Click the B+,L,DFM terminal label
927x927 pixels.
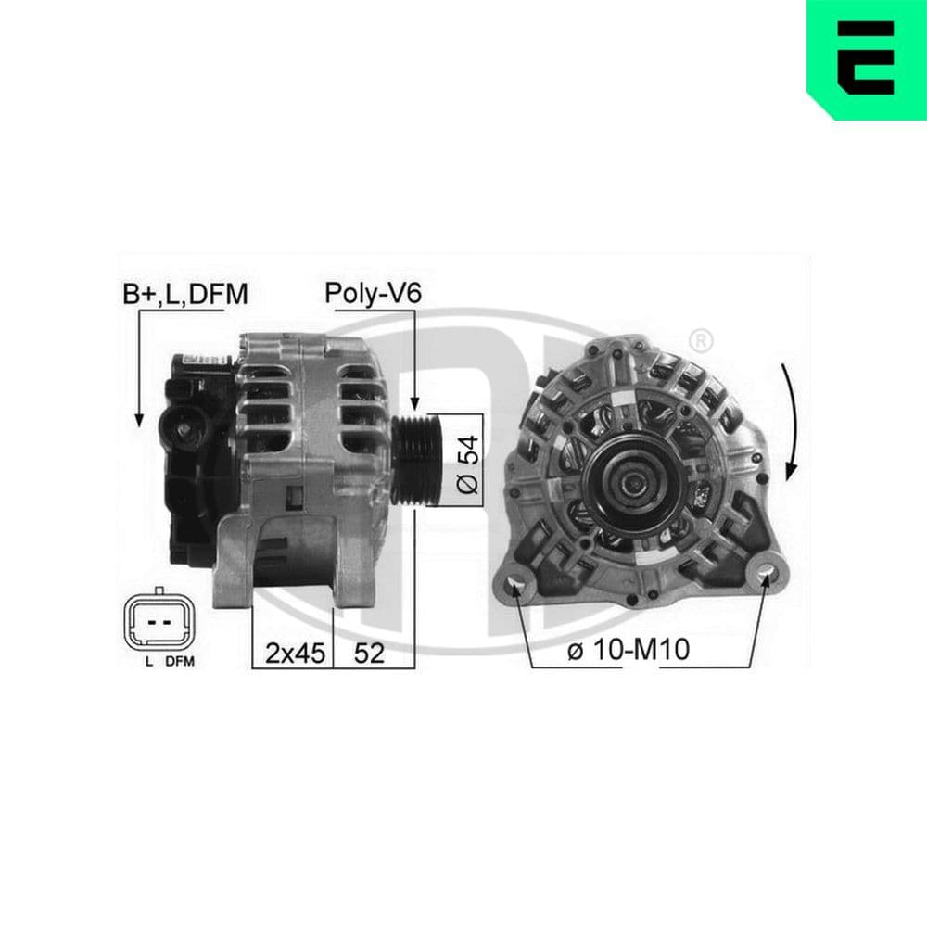[x=185, y=295]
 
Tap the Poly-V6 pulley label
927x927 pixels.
[x=373, y=295]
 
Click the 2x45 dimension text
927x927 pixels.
[x=294, y=653]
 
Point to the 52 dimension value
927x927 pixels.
[x=369, y=653]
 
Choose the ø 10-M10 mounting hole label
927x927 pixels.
[x=628, y=651]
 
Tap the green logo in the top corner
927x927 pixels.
[x=867, y=59]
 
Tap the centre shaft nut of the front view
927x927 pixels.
[x=634, y=480]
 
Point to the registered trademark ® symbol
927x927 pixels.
[x=702, y=340]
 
